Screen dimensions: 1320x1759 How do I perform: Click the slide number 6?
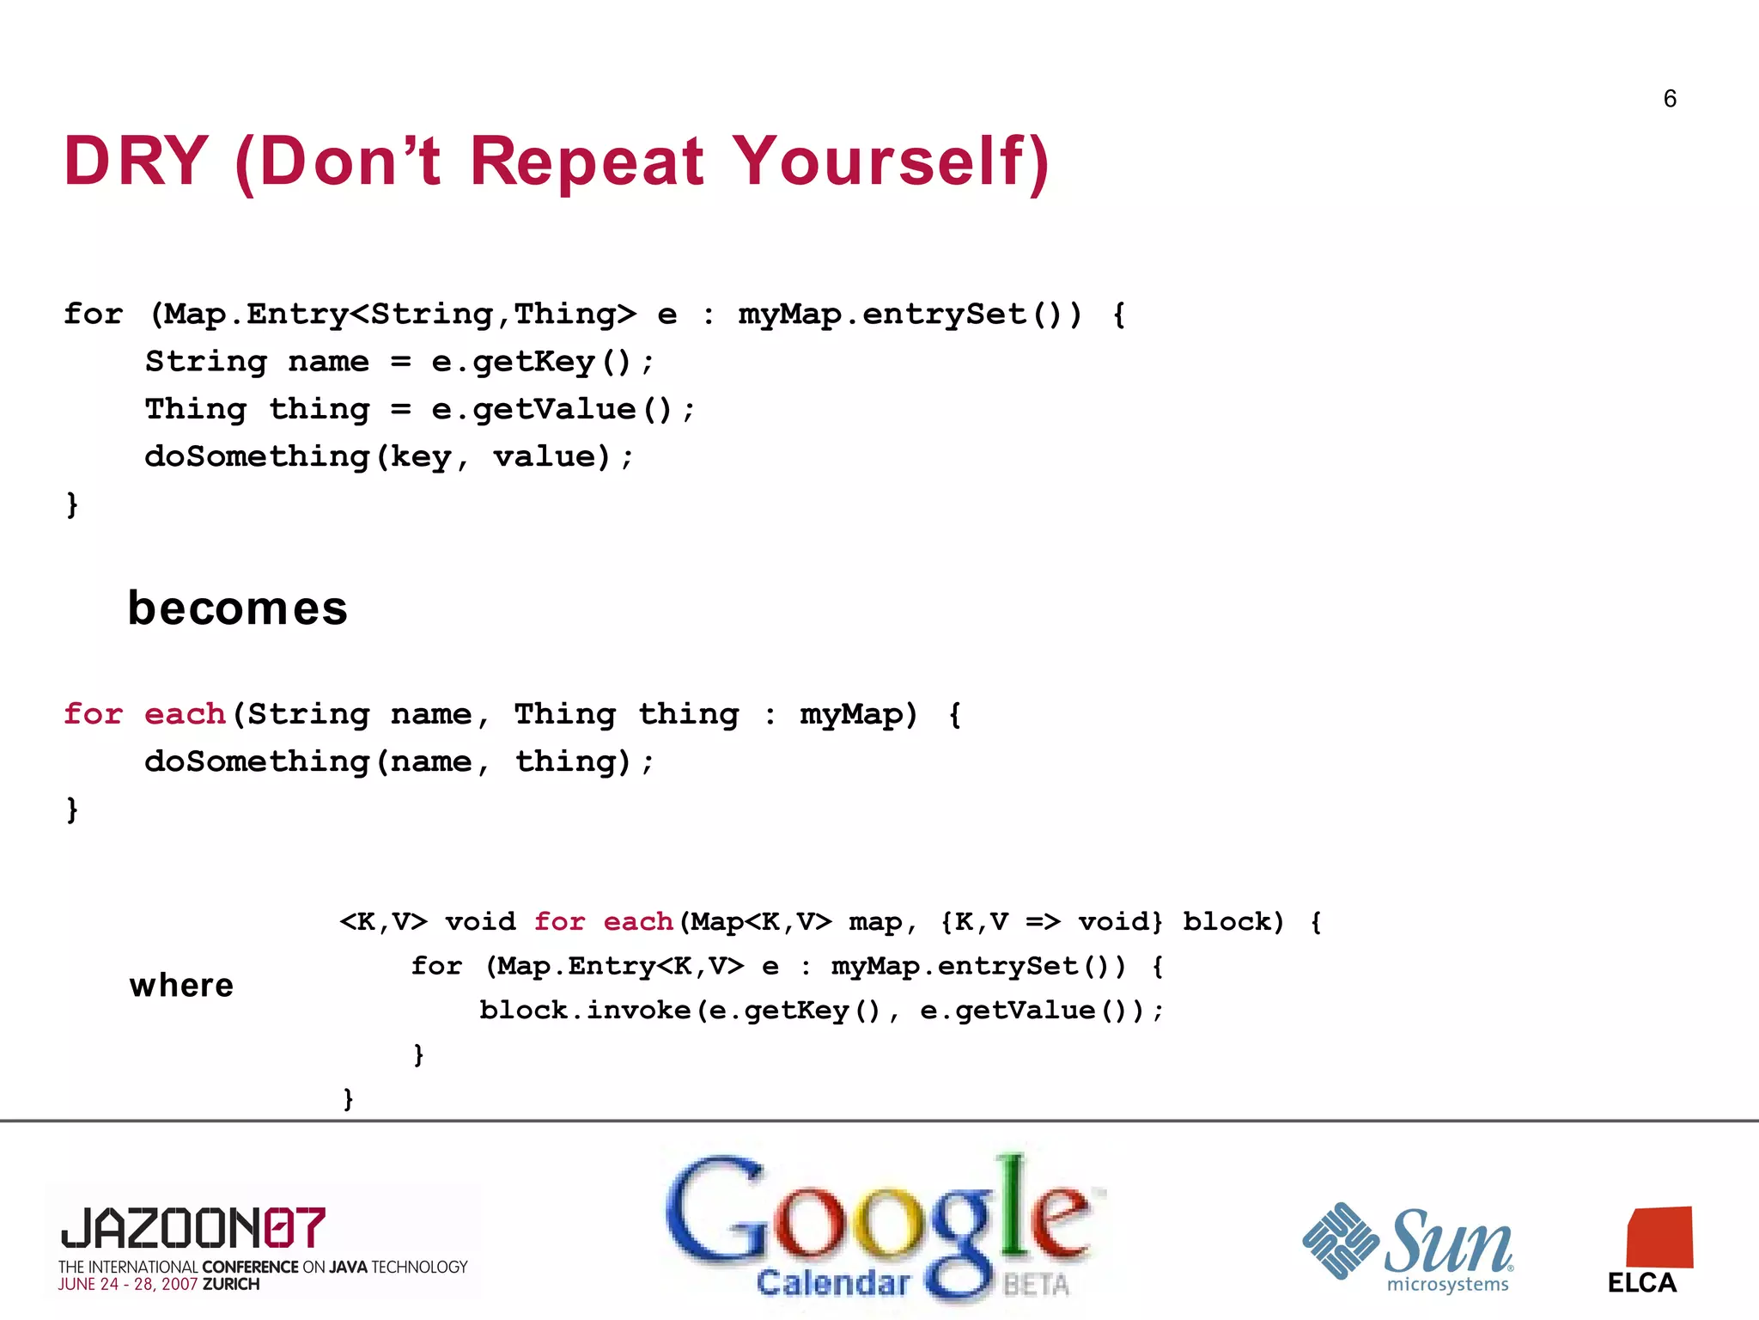(x=1669, y=99)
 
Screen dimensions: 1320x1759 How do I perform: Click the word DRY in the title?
(x=136, y=161)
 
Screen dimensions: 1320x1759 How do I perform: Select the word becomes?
(x=237, y=608)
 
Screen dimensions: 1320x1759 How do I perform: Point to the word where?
(x=181, y=985)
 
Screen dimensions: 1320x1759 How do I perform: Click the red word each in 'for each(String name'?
(x=185, y=714)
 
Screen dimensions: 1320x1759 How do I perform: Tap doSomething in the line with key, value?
(x=257, y=456)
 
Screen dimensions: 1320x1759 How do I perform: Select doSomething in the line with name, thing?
(x=257, y=761)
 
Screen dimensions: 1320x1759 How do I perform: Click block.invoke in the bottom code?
(x=585, y=1010)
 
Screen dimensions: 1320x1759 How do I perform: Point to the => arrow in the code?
(x=1044, y=922)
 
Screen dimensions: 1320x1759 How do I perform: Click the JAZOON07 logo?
(x=193, y=1227)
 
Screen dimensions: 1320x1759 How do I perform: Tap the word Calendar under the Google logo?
(x=832, y=1283)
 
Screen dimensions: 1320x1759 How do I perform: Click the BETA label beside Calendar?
(x=1036, y=1285)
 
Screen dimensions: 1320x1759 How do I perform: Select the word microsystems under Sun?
(x=1447, y=1285)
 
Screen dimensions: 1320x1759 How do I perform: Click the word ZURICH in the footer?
(x=231, y=1285)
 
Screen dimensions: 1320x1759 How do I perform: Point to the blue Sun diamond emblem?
(x=1340, y=1240)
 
